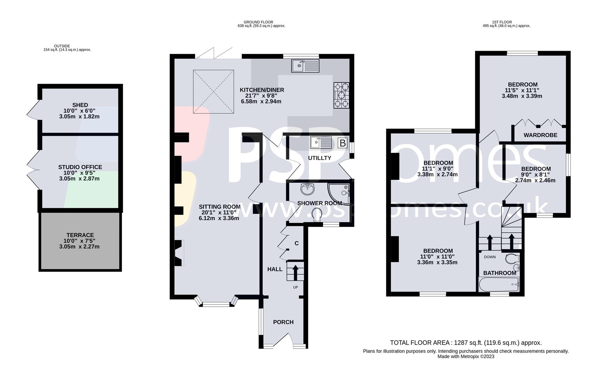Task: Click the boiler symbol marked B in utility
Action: click(342, 143)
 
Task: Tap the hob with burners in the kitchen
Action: click(341, 95)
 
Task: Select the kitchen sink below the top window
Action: click(305, 66)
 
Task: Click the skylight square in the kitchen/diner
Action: click(214, 92)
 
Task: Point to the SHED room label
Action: click(80, 105)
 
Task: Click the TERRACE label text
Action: click(80, 235)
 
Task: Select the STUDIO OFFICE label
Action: click(80, 167)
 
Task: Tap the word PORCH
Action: click(283, 322)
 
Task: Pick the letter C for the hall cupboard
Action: click(296, 243)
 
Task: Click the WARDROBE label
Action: click(540, 135)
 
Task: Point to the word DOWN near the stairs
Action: click(490, 257)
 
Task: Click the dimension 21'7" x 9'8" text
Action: click(261, 96)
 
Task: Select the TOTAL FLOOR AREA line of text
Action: click(466, 343)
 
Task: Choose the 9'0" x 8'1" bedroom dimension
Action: click(535, 175)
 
